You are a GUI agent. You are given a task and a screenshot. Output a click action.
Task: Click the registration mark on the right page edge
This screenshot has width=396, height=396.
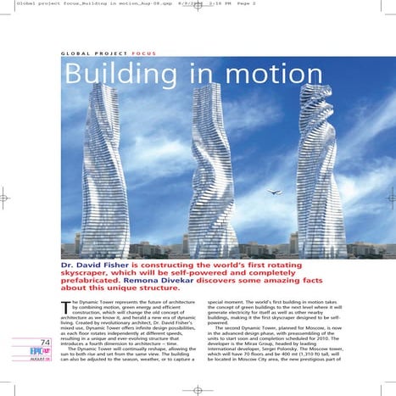click(x=390, y=198)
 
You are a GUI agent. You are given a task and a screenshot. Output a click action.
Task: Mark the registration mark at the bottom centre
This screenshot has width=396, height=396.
click(x=198, y=390)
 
